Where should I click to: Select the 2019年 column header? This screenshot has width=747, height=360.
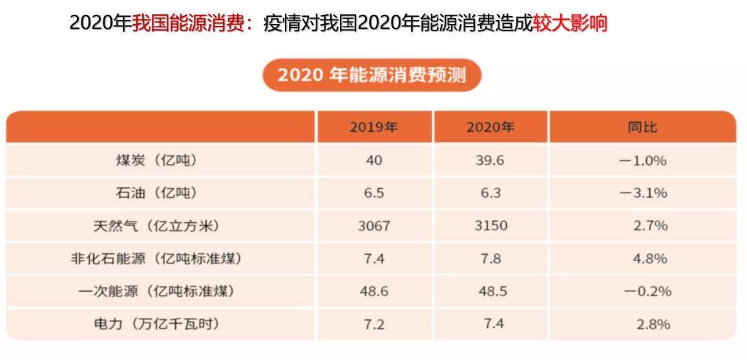(373, 127)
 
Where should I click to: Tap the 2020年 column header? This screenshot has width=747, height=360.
(490, 127)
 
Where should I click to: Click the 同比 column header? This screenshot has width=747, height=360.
(642, 127)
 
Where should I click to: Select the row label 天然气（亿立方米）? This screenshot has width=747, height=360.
(155, 226)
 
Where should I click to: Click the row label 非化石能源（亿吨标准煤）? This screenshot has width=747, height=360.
(155, 259)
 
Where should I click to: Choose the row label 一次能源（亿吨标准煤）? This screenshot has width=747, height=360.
(155, 291)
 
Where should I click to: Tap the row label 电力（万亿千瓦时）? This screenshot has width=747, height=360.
(155, 324)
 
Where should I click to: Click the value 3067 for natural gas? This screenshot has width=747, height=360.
(373, 226)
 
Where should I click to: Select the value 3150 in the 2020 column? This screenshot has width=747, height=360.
(490, 226)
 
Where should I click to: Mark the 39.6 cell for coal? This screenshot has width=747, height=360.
(490, 160)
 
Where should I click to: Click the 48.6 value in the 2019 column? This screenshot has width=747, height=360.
(373, 291)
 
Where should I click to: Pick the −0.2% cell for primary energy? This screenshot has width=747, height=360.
(647, 291)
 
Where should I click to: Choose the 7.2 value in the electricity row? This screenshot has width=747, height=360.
(373, 324)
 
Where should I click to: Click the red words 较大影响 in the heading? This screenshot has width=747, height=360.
(570, 23)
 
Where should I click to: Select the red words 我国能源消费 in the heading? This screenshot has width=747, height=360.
(192, 23)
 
